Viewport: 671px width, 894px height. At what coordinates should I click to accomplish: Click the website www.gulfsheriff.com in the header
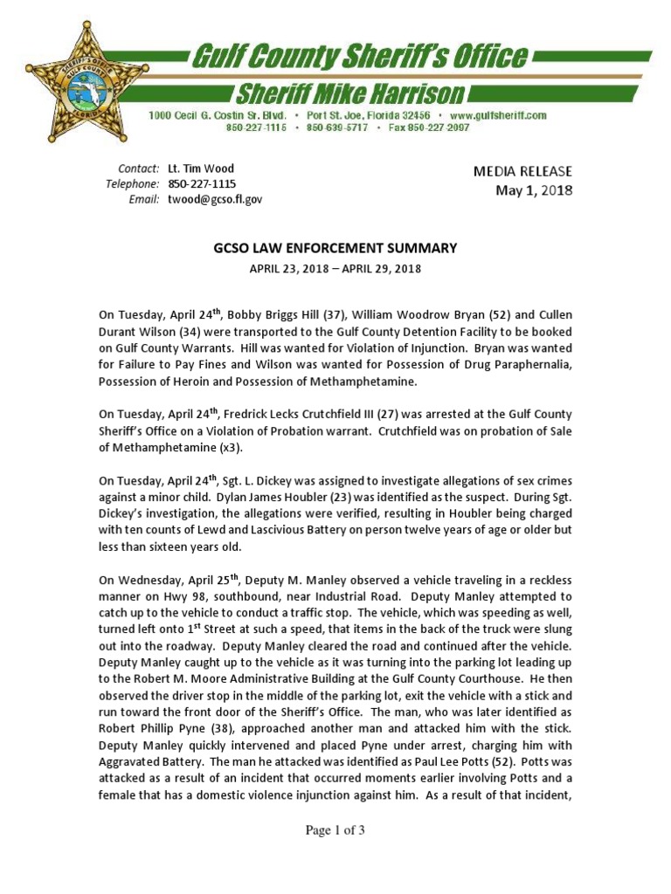(x=499, y=115)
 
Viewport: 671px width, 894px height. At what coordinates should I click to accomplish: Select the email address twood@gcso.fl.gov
(x=215, y=199)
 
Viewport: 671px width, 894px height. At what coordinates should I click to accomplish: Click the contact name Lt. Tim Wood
(x=201, y=168)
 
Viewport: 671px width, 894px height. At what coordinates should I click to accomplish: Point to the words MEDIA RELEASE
(x=522, y=172)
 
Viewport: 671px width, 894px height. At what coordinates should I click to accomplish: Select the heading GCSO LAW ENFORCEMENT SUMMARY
(x=335, y=249)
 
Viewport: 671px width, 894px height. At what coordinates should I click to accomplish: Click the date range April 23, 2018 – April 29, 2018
(x=335, y=269)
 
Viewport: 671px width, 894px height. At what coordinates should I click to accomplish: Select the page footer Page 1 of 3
(x=335, y=830)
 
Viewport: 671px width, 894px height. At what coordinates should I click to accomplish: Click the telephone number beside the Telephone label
(x=202, y=184)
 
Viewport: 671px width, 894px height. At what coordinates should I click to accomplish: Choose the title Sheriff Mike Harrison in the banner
(x=342, y=93)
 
